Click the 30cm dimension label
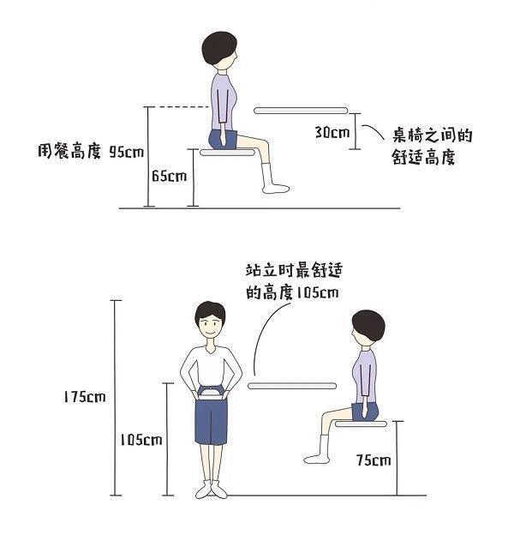332,132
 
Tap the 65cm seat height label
170,176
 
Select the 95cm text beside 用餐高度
127,152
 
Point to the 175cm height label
85,397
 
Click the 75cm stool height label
374,460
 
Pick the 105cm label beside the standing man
141,440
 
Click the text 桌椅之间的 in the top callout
433,135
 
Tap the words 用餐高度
69,151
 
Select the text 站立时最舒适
294,271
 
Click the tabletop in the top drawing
301,111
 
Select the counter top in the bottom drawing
292,386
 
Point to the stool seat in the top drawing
228,153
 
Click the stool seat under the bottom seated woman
361,424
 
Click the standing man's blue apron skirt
211,422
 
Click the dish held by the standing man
210,394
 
